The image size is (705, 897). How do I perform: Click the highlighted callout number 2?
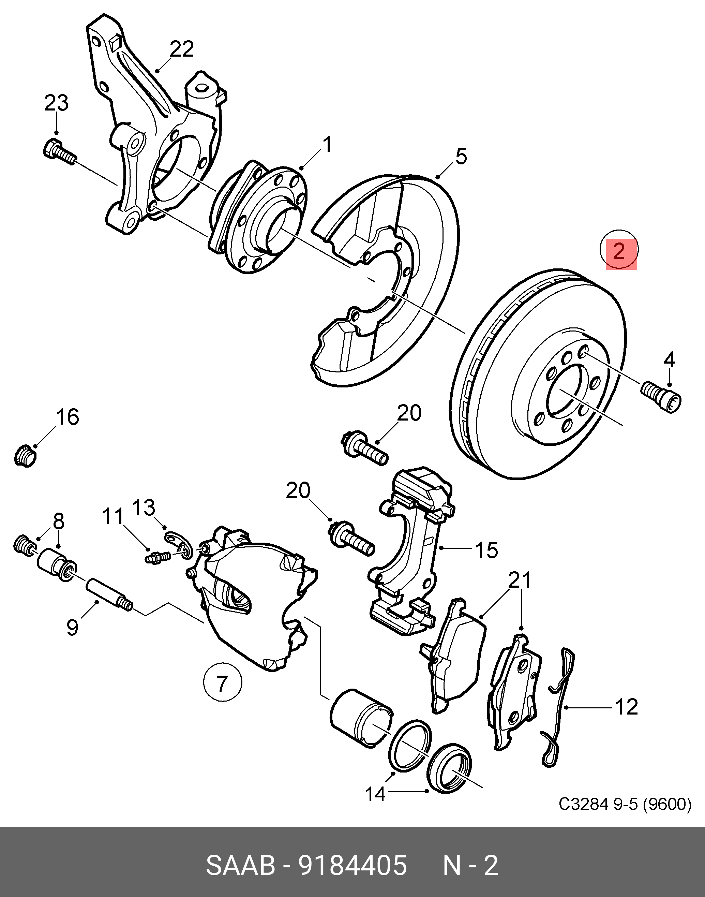tap(619, 250)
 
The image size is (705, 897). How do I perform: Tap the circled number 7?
tap(223, 683)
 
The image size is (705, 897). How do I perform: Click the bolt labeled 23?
tap(59, 153)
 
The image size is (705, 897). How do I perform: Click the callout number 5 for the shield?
tap(461, 157)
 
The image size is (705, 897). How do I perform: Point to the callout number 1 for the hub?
tap(327, 145)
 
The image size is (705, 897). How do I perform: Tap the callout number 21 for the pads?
tap(520, 580)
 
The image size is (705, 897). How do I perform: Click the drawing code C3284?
tap(584, 804)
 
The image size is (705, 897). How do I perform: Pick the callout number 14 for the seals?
tap(375, 794)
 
